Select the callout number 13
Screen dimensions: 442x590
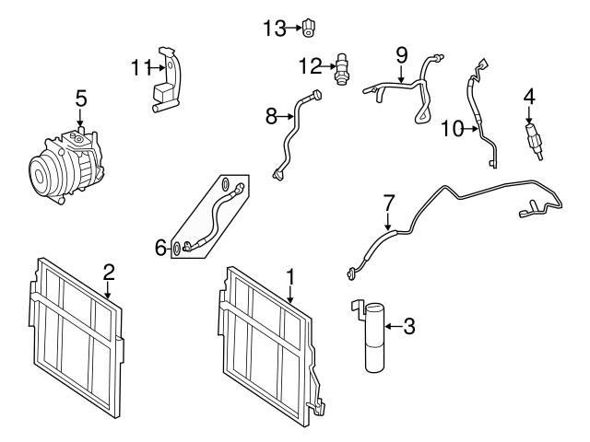[x=275, y=29]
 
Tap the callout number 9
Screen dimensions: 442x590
[x=401, y=55]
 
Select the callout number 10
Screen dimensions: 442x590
[x=453, y=128]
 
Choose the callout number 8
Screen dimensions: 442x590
[x=271, y=116]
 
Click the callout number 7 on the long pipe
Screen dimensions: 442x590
[x=388, y=201]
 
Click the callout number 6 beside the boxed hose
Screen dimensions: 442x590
[x=160, y=247]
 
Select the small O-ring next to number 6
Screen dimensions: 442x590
[x=178, y=247]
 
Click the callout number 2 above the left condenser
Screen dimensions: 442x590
[x=108, y=271]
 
